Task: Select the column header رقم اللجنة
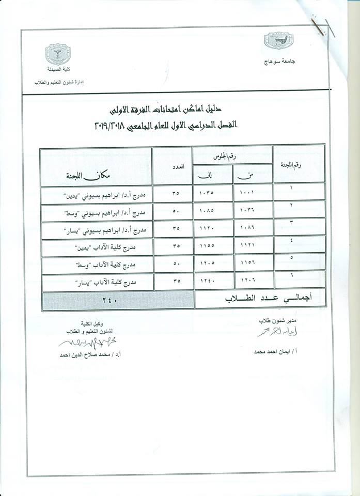click(299, 164)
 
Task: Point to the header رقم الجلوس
click(232, 154)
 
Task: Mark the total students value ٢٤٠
click(117, 300)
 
